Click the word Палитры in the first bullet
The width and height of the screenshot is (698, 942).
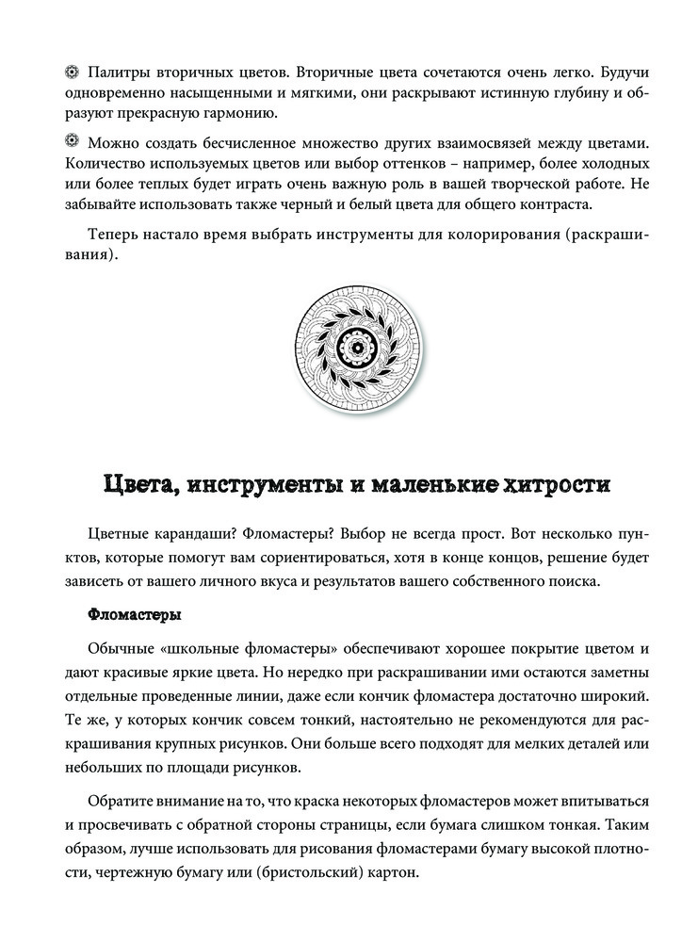point(120,73)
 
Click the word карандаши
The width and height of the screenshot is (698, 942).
point(201,534)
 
